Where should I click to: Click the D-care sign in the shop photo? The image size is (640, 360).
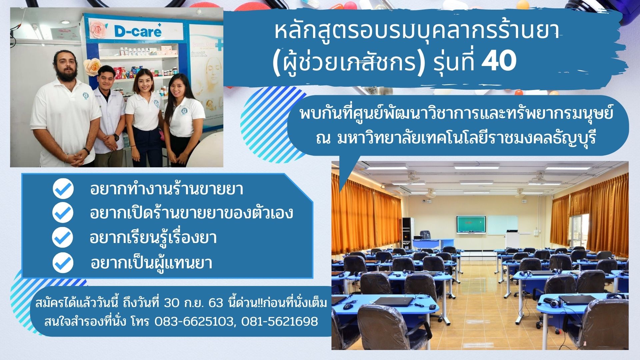pyautogui.click(x=138, y=31)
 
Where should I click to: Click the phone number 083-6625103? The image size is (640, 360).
pyautogui.click(x=194, y=322)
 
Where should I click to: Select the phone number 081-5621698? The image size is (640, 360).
pyautogui.click(x=279, y=322)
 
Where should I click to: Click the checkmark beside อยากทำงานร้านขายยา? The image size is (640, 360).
pyautogui.click(x=63, y=189)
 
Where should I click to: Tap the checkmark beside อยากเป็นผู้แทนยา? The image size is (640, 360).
pyautogui.click(x=63, y=263)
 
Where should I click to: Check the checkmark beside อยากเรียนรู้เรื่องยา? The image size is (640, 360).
pyautogui.click(x=63, y=238)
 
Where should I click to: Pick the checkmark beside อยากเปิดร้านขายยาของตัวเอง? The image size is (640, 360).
pyautogui.click(x=63, y=213)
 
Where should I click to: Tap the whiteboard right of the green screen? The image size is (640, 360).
pyautogui.click(x=503, y=224)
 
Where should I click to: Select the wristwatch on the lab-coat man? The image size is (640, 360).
pyautogui.click(x=116, y=136)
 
